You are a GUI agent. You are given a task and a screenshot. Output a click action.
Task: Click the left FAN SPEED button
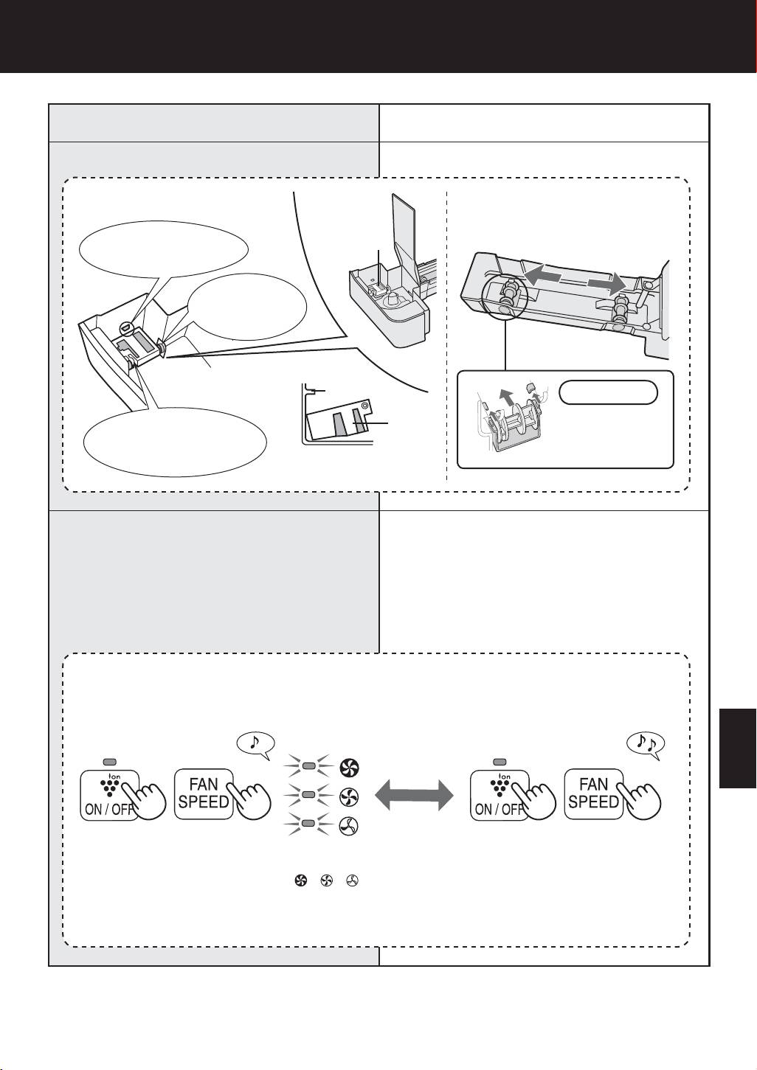[x=204, y=794]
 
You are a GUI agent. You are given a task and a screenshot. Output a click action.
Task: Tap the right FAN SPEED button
[x=593, y=794]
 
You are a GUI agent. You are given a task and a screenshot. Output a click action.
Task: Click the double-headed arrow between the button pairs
[x=414, y=796]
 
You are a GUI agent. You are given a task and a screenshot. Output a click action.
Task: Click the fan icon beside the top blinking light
[x=349, y=767]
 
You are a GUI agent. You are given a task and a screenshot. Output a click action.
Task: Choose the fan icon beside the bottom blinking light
[x=349, y=826]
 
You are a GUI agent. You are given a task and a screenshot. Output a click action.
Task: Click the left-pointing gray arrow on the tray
[x=542, y=276]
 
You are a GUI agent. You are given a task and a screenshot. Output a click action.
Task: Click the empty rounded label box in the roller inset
[x=608, y=392]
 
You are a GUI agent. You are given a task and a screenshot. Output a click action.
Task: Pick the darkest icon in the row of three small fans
[x=301, y=880]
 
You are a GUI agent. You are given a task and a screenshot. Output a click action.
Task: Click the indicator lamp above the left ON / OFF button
[x=109, y=762]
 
